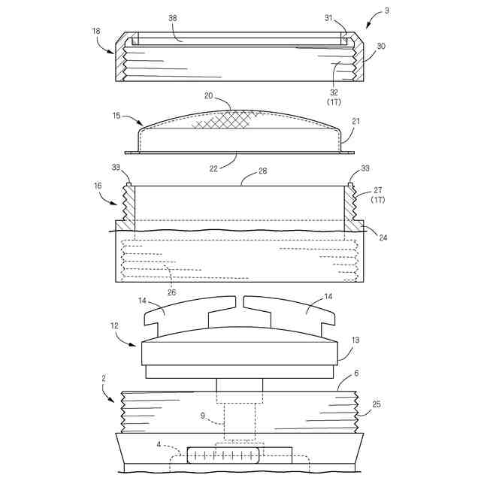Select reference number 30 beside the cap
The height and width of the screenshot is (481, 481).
(381, 45)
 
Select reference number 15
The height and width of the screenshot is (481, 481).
(116, 117)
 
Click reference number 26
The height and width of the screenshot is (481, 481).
(171, 292)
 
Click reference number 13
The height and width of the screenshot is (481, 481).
(355, 340)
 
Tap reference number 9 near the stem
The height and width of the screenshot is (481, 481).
(202, 414)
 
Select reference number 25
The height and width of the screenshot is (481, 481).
(377, 404)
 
